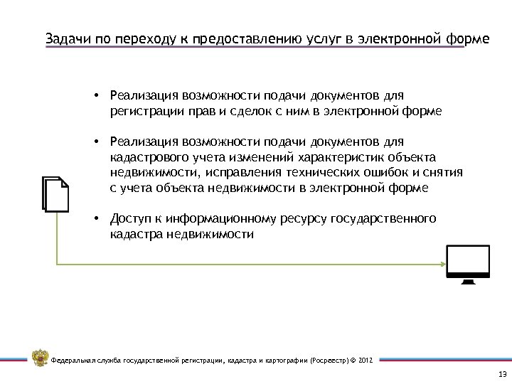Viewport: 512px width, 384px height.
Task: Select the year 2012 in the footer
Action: coord(365,361)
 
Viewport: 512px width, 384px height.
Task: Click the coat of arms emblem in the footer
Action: coord(40,358)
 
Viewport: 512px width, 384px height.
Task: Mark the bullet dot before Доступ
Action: coord(95,218)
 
